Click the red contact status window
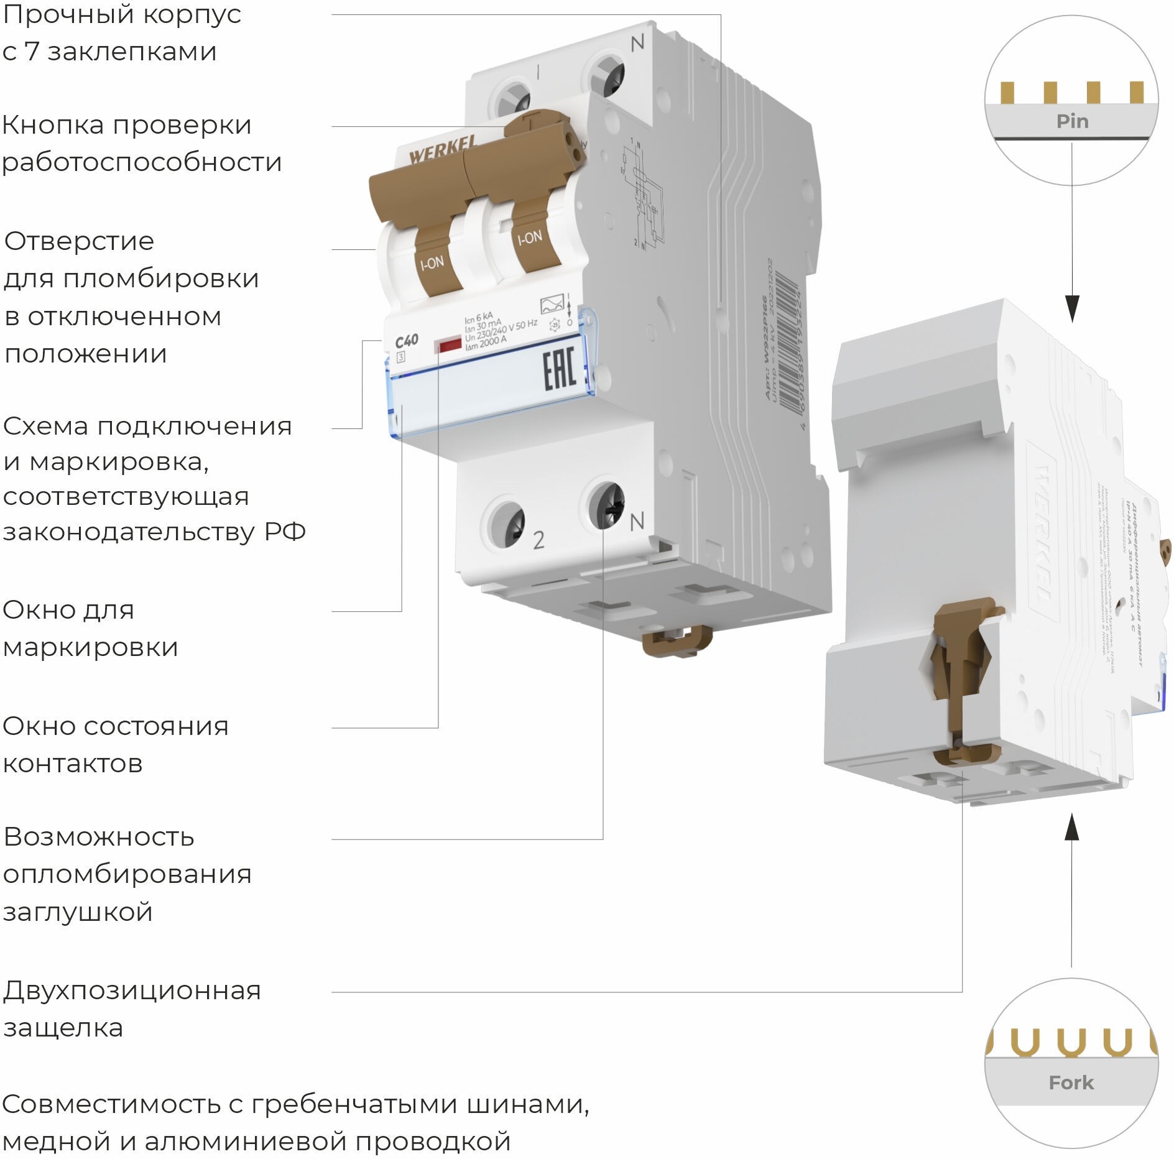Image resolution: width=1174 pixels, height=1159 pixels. pyautogui.click(x=448, y=345)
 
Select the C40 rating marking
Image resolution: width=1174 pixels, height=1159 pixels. pyautogui.click(x=407, y=341)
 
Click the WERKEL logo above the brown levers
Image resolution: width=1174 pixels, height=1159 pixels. pyautogui.click(x=442, y=151)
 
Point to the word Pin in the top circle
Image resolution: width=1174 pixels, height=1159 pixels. pyautogui.click(x=1072, y=121)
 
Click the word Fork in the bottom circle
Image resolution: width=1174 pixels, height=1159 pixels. pyautogui.click(x=1071, y=1083)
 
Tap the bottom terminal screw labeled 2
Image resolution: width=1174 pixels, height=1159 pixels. pyautogui.click(x=507, y=524)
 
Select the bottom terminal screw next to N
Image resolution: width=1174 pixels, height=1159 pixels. pyautogui.click(x=606, y=505)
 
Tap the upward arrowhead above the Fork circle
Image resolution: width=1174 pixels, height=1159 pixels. pyautogui.click(x=1071, y=829)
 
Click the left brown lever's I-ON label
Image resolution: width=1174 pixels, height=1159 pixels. pyautogui.click(x=432, y=263)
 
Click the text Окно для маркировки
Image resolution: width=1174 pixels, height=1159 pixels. pyautogui.click(x=91, y=629)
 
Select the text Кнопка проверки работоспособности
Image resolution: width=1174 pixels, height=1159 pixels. pyautogui.click(x=142, y=143)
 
